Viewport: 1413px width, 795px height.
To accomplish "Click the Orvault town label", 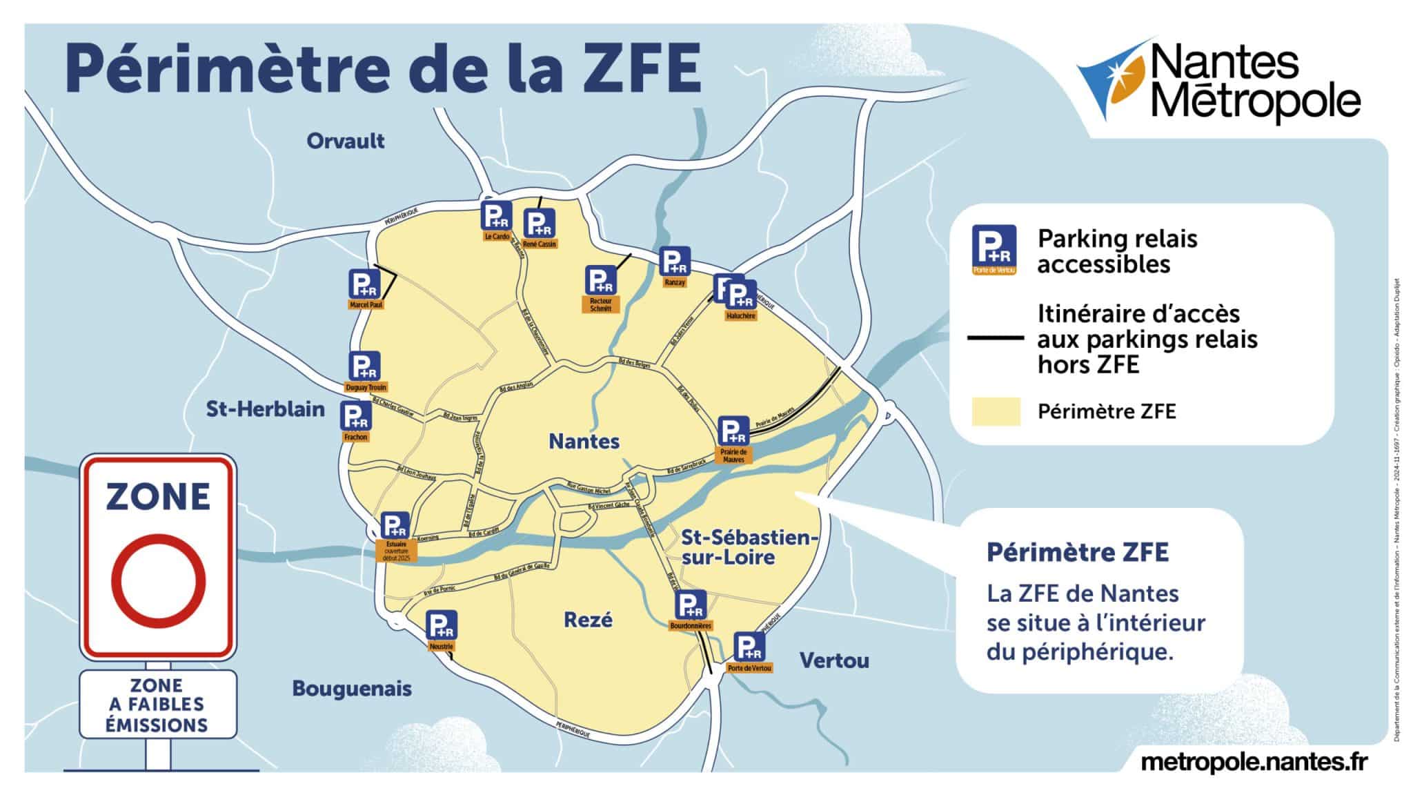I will tap(346, 141).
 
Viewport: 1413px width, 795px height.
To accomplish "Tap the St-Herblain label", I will tap(266, 409).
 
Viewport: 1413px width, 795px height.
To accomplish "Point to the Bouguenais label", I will tap(352, 689).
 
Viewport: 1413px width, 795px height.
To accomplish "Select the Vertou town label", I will tap(834, 661).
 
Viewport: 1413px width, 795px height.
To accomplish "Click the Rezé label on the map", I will tap(588, 620).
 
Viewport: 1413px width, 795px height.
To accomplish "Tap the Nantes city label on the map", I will tap(584, 441).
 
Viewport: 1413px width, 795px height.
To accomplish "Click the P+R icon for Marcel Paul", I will tap(365, 284).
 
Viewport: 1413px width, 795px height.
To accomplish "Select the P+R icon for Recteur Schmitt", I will tap(600, 280).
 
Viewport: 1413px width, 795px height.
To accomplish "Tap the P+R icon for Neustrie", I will tap(441, 626).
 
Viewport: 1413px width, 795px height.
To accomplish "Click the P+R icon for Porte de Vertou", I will tap(748, 647).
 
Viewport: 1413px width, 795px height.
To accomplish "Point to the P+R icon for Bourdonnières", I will tap(690, 606).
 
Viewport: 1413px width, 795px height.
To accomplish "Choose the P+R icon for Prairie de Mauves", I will tap(733, 431).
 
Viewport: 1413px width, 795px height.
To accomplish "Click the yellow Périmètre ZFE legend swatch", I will tap(996, 412).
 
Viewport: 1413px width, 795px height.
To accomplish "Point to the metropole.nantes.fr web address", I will tap(1254, 762).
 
